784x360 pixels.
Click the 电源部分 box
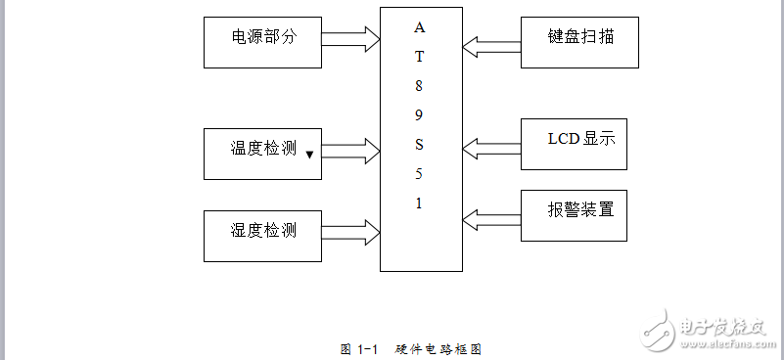262,41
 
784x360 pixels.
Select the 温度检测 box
262,153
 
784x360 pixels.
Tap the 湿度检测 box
262,235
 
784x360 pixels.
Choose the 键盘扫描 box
579,41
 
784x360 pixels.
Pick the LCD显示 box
579,145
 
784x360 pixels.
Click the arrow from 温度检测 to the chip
350,151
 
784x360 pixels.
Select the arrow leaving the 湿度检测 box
350,233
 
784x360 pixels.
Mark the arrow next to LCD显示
491,148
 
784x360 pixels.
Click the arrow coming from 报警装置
491,216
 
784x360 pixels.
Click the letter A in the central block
419,26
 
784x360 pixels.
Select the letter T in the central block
419,56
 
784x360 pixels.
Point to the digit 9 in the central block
419,114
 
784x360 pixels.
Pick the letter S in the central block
419,145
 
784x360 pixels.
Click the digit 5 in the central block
419,174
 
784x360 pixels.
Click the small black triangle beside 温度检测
309,155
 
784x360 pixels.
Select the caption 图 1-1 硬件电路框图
411,349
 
